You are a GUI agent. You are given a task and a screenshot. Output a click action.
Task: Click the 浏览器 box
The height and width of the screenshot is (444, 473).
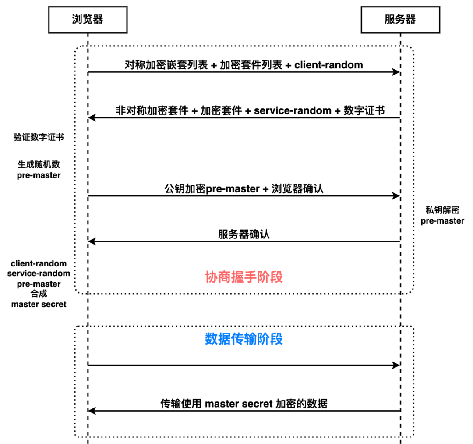(88, 20)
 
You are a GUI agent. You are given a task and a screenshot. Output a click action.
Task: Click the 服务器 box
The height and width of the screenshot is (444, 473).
(400, 20)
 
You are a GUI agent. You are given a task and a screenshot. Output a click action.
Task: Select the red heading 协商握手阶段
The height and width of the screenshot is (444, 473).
(244, 277)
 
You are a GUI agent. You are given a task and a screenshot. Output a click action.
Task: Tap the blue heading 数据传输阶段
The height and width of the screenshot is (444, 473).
(244, 339)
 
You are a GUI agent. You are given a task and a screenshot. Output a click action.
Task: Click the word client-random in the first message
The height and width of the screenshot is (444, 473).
(328, 65)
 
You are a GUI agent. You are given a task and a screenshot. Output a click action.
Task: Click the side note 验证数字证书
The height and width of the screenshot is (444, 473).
(39, 137)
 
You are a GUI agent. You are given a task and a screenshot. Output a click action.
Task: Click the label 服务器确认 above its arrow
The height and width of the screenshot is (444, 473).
(244, 234)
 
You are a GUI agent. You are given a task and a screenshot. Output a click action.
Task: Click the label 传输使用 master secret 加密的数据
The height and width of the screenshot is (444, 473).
(244, 403)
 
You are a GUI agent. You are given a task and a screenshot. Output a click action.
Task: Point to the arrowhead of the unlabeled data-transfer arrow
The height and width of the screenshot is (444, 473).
(397, 365)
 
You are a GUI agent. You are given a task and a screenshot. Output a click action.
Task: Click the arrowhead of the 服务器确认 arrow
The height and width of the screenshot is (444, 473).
(91, 242)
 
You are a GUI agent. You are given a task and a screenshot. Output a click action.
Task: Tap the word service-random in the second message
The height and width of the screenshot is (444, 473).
(293, 110)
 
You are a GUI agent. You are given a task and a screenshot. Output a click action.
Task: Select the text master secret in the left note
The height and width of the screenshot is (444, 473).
(39, 304)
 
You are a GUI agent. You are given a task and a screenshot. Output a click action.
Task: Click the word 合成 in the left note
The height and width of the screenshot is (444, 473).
(39, 294)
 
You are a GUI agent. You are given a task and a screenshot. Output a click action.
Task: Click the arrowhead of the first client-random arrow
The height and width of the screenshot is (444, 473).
(397, 72)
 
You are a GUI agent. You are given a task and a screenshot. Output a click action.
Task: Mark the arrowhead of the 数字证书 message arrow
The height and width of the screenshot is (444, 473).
(91, 118)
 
